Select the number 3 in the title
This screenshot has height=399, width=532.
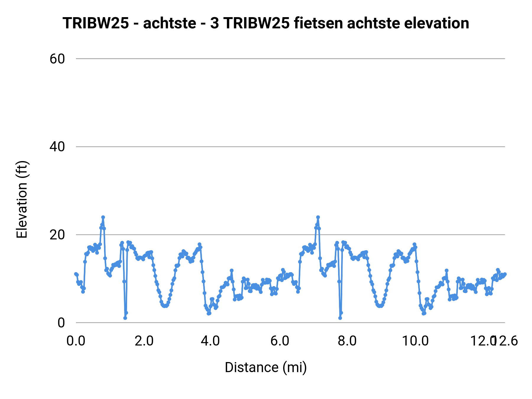pos(215,23)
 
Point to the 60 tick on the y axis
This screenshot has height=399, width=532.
pos(57,59)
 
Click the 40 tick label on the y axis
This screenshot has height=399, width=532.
pos(57,147)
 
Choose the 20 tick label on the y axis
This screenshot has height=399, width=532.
pos(57,235)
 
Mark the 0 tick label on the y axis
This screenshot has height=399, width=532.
pos(61,322)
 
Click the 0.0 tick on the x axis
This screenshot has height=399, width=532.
pos(76,341)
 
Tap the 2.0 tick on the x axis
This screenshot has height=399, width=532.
pos(144,341)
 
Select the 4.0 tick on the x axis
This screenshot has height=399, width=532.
pos(210,341)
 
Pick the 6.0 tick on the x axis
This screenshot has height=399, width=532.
pos(280,341)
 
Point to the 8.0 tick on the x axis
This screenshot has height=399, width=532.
pos(347,341)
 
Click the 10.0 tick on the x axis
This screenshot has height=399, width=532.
pos(415,341)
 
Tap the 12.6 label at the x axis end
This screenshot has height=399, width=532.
pos(506,341)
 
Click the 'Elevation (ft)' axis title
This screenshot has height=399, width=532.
pos(22,199)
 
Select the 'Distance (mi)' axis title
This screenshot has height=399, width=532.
pos(266,367)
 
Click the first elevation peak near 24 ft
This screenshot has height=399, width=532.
pos(103,217)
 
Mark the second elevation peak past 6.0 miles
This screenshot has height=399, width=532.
pos(318,217)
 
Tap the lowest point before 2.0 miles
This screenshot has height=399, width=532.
pos(125,318)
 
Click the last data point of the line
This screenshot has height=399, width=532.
pos(505,274)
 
